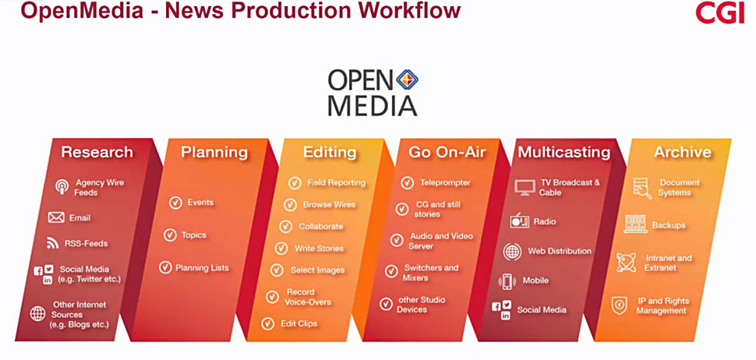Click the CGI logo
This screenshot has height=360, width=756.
click(720, 12)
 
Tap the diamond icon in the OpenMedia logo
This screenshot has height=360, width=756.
click(407, 79)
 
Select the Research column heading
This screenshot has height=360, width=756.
click(97, 152)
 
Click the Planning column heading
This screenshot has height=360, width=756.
click(214, 152)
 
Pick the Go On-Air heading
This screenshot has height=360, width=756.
click(447, 152)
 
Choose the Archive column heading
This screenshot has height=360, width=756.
click(682, 152)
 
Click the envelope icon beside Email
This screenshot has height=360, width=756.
click(56, 217)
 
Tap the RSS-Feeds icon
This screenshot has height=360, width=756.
click(52, 243)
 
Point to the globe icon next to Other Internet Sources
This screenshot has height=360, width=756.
click(37, 314)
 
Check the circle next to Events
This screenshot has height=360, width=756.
click(175, 203)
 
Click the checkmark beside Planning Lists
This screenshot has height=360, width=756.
click(165, 267)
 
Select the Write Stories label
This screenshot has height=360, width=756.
click(319, 249)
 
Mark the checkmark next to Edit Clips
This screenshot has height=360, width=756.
click(267, 324)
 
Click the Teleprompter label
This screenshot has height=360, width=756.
click(445, 182)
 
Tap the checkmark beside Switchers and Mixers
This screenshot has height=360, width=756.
click(391, 271)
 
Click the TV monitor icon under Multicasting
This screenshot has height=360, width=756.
click(525, 188)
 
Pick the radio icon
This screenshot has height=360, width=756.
click(520, 221)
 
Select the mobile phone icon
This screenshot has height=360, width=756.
click(507, 281)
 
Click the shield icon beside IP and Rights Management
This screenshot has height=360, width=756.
click(619, 305)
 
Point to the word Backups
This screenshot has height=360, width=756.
click(668, 225)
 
